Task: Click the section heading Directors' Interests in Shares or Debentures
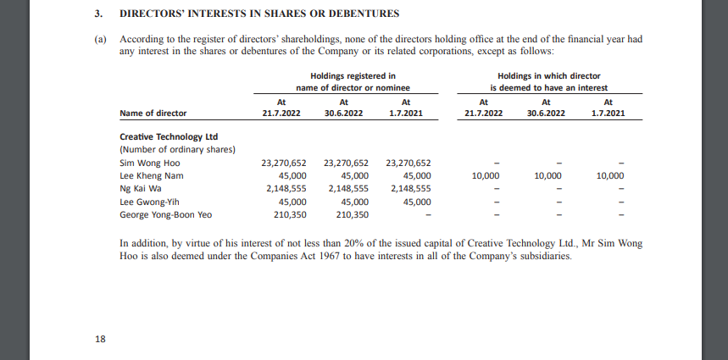click(259, 14)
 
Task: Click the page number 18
click(100, 339)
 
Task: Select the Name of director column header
click(153, 113)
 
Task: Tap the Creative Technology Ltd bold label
click(169, 136)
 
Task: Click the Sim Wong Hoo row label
click(150, 163)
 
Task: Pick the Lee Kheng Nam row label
click(151, 175)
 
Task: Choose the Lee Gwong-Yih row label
click(150, 202)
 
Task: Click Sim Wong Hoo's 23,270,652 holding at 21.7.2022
click(284, 163)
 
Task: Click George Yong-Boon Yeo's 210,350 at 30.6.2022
click(348, 214)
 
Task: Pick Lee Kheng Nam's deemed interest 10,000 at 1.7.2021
click(609, 175)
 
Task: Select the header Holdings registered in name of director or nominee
click(352, 81)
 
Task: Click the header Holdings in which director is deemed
click(548, 81)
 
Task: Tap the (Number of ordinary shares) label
click(177, 149)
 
